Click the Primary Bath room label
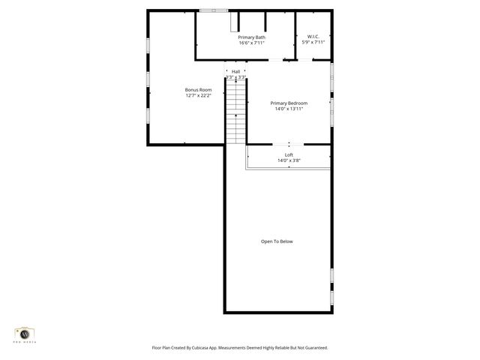pos(251,37)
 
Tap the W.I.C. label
pos(313,37)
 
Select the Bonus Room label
pos(199,90)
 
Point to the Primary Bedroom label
pos(289,103)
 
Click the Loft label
pos(289,154)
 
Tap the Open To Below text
pos(277,241)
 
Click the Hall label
pos(236,71)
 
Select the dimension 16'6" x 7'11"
pos(251,43)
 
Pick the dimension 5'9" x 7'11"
pos(313,43)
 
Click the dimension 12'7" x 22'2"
pos(199,96)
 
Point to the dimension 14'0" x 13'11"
pos(289,109)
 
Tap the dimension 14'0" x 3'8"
pos(289,160)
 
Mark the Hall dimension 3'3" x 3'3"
pos(236,77)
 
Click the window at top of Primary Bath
pos(214,10)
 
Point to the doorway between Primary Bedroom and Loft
pos(289,144)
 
